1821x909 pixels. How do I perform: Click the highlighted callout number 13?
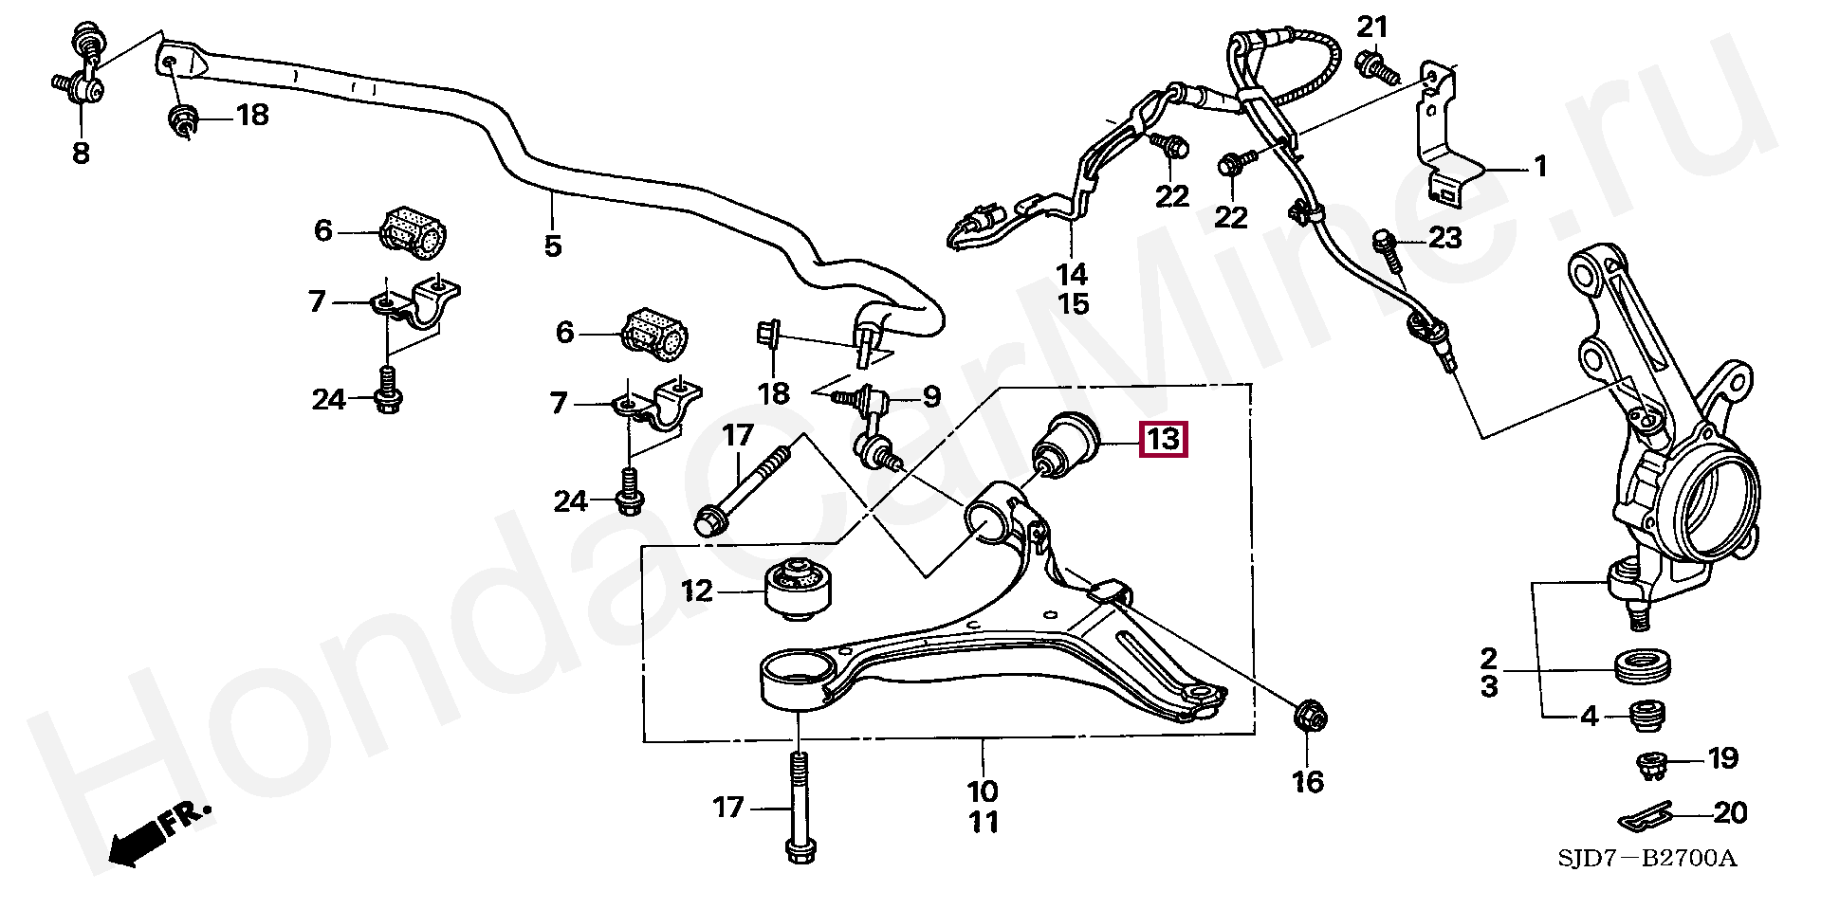click(1163, 439)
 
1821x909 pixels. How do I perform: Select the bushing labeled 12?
click(799, 589)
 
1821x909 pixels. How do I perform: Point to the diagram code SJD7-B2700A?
click(1646, 859)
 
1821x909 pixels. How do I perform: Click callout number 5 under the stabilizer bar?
click(553, 246)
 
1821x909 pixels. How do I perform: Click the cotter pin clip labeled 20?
click(1643, 816)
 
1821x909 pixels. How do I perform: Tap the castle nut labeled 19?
click(1653, 764)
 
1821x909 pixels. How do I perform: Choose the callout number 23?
click(1444, 237)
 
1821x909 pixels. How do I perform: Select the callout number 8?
click(82, 153)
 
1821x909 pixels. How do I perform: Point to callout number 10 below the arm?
click(983, 791)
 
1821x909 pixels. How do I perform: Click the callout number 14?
click(1072, 275)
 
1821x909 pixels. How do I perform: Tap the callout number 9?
click(931, 396)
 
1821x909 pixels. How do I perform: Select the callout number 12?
click(696, 591)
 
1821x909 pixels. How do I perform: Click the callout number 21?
click(1371, 27)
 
